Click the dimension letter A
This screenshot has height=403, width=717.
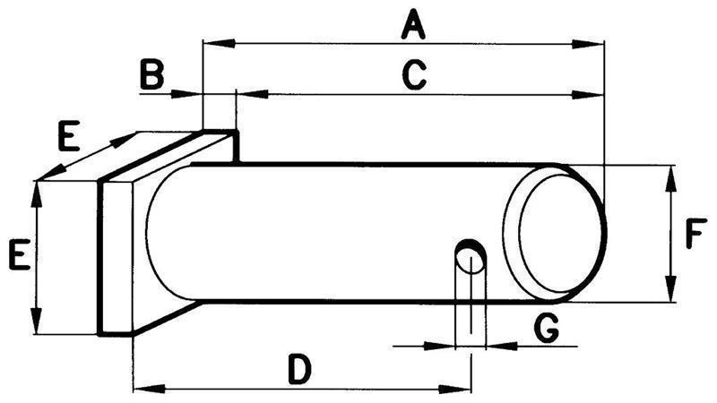point(413,26)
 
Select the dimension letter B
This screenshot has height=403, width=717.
point(151,74)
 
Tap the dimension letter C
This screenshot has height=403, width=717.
point(415,74)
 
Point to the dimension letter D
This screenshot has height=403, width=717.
point(300,370)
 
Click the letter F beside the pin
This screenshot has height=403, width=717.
point(696,234)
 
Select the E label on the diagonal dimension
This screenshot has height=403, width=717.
point(69,136)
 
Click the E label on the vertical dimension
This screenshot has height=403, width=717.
point(20,253)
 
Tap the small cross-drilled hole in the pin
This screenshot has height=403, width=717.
point(471,257)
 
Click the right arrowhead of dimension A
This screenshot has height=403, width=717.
point(588,44)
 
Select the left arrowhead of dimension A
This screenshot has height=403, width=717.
point(219,43)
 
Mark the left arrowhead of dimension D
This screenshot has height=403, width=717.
point(149,389)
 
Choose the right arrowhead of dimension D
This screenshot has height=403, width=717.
point(454,390)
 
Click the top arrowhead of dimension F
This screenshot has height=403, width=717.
point(670,181)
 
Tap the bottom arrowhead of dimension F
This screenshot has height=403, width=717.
point(670,287)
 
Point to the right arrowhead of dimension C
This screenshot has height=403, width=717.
point(588,96)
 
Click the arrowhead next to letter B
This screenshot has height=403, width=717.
point(186,95)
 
